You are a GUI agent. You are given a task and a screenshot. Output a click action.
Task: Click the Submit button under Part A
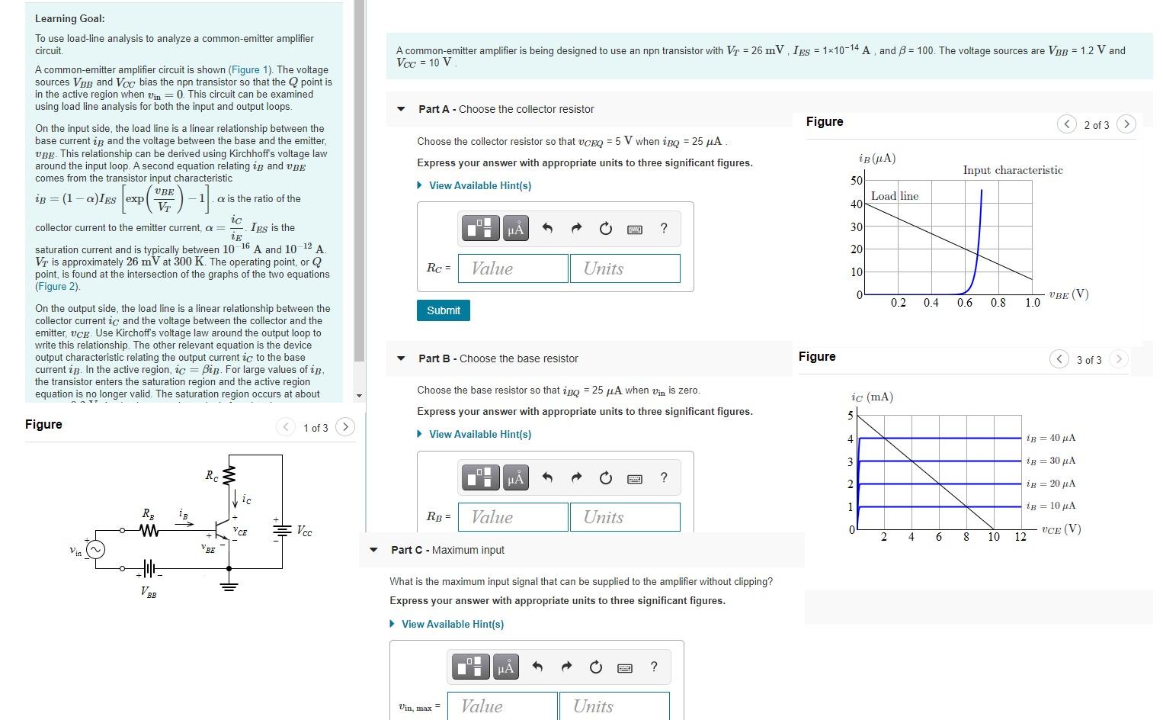click(443, 310)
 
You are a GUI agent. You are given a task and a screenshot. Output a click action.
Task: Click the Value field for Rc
click(512, 268)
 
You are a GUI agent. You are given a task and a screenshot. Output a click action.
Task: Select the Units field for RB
click(624, 517)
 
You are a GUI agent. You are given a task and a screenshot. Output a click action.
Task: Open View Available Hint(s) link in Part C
click(452, 624)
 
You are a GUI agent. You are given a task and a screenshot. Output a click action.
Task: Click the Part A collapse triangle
click(402, 109)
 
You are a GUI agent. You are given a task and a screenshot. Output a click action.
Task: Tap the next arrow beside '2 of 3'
click(1126, 124)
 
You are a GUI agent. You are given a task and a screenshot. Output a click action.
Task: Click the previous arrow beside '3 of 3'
click(1059, 359)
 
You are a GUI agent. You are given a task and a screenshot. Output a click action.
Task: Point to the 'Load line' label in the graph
click(894, 196)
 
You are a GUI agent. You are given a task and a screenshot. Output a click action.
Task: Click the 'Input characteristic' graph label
click(1012, 170)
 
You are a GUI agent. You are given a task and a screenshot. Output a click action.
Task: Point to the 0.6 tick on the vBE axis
click(965, 303)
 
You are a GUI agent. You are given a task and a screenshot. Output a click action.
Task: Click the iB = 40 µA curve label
click(1051, 438)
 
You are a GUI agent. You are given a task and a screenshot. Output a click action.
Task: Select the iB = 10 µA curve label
click(1051, 506)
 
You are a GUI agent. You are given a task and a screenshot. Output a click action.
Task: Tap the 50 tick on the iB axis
click(857, 181)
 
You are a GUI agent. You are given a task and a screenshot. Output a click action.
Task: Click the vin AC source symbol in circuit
click(95, 550)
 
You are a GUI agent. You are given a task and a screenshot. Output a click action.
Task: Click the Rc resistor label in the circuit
click(211, 475)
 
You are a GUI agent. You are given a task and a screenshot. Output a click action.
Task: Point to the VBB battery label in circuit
click(149, 592)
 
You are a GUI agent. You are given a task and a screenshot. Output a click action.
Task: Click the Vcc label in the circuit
click(303, 531)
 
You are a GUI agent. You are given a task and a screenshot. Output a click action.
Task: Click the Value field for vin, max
click(501, 706)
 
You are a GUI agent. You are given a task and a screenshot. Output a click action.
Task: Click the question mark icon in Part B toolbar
click(664, 477)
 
